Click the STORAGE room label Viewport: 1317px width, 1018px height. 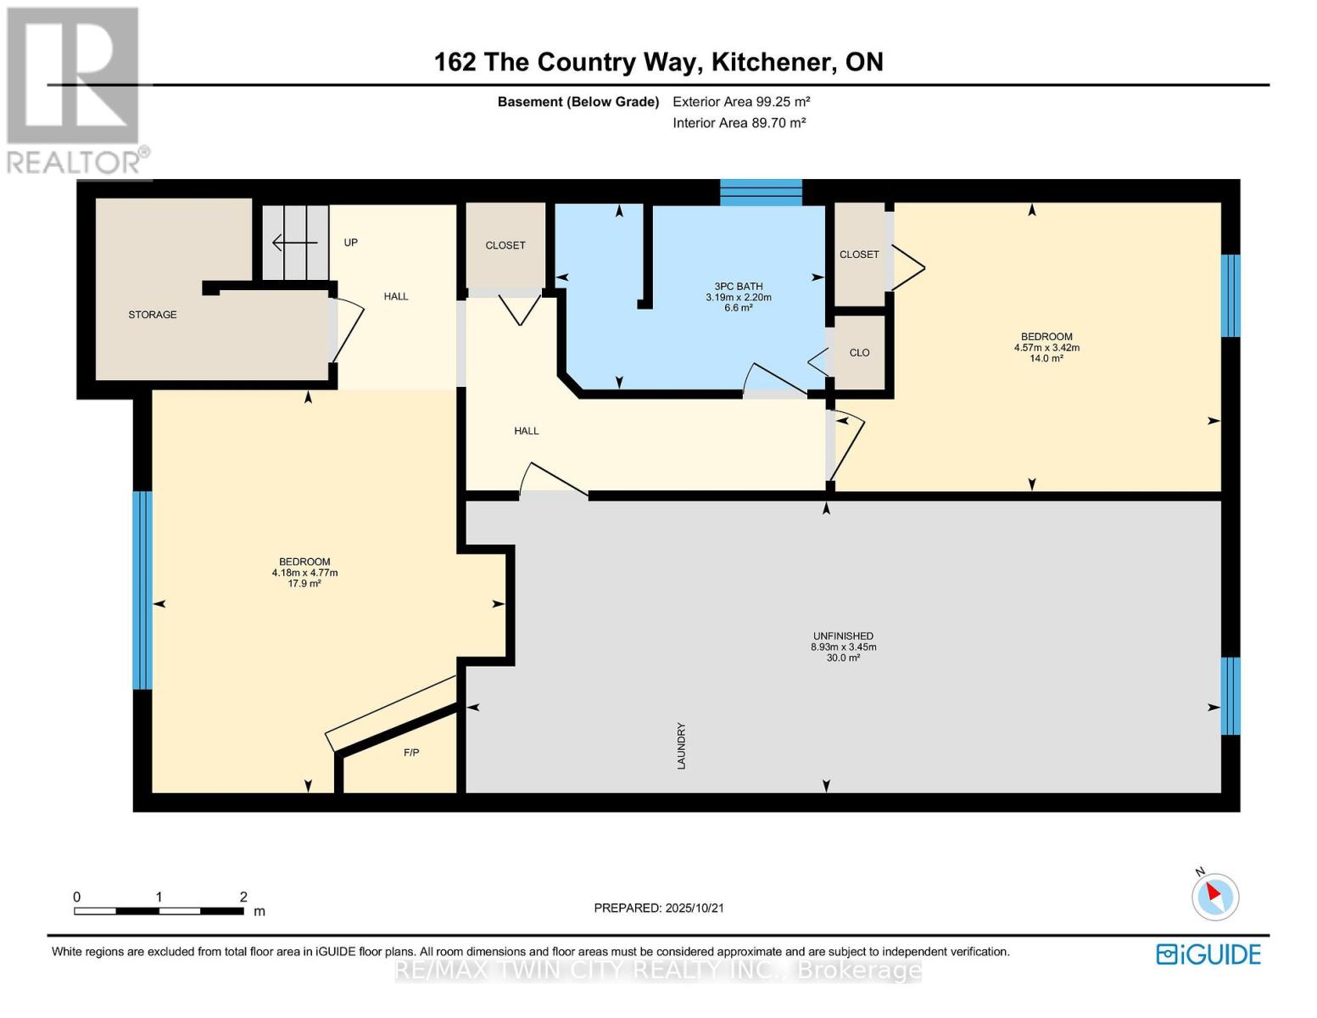point(152,314)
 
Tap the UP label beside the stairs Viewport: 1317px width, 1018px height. point(350,243)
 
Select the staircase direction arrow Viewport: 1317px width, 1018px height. point(294,243)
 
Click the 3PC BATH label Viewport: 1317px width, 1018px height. point(738,286)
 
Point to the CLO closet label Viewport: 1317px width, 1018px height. point(859,352)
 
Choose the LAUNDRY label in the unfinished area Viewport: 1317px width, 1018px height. point(681,746)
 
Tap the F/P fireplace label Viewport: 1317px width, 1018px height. point(411,752)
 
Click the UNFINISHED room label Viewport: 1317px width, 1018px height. point(843,635)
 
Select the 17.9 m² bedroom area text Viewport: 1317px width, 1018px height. point(304,584)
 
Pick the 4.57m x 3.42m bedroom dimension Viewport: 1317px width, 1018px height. point(1046,348)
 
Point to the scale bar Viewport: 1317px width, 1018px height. point(159,910)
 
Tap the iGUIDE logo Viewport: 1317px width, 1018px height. point(1208,954)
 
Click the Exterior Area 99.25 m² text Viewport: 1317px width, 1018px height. point(741,101)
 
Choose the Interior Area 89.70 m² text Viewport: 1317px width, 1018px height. point(739,122)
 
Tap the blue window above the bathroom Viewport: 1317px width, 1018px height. point(761,193)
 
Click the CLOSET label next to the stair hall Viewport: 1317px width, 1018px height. point(505,245)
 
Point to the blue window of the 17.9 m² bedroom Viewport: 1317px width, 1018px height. point(142,590)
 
